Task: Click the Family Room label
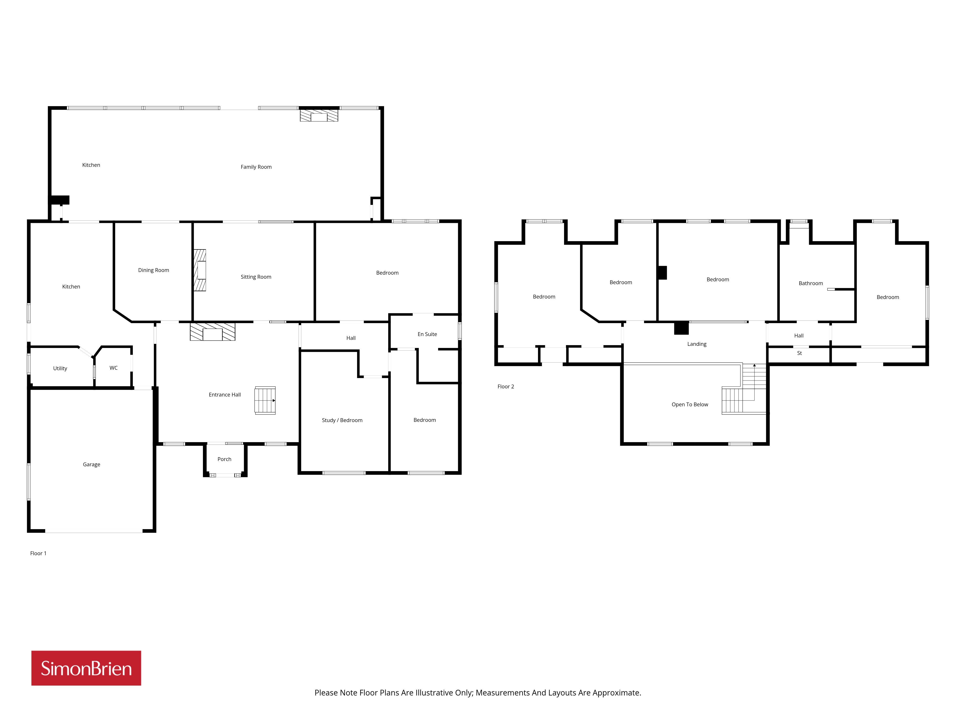tap(256, 167)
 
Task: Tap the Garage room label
tap(92, 465)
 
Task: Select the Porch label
tap(224, 459)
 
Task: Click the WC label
tap(113, 368)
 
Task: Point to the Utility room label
tap(60, 369)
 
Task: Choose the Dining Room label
tap(153, 270)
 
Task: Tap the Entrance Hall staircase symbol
tap(265, 401)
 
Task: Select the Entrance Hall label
tap(225, 395)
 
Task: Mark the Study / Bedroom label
tap(342, 420)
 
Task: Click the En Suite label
tap(427, 334)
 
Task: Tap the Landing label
tap(697, 344)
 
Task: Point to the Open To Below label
tap(690, 405)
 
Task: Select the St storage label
tap(799, 353)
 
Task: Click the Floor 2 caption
tap(506, 387)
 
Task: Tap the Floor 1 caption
tap(38, 553)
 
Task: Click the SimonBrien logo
tap(86, 668)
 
